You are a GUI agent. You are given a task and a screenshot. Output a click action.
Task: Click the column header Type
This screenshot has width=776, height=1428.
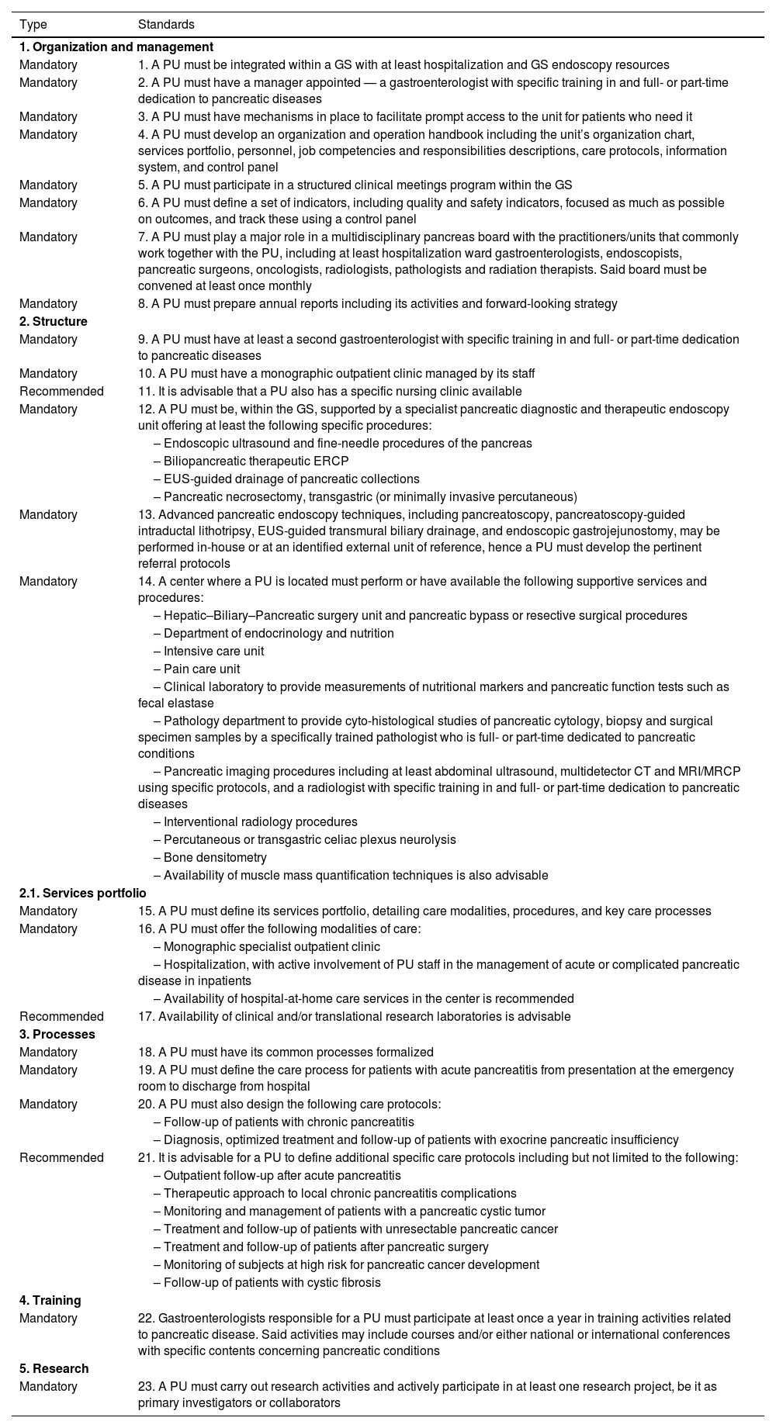(x=33, y=25)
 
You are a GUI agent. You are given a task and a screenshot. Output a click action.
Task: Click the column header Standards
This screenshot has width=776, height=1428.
(x=166, y=25)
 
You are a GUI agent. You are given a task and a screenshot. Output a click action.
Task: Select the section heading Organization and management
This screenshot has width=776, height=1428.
(x=116, y=47)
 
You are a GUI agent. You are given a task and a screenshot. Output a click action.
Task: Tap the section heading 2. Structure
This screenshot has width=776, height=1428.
(x=54, y=322)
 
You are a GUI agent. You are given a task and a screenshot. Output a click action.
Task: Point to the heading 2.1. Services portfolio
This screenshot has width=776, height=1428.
(x=83, y=894)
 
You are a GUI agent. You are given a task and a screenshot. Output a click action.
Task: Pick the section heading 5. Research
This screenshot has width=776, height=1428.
(x=54, y=1369)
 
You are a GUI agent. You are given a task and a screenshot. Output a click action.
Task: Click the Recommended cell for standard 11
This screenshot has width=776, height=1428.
(x=61, y=392)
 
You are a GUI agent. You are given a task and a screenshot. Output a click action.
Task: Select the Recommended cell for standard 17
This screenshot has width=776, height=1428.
(x=61, y=1017)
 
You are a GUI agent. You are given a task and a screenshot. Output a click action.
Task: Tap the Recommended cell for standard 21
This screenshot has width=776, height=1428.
(x=61, y=1158)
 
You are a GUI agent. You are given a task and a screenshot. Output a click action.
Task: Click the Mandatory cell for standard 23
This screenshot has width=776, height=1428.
(x=48, y=1387)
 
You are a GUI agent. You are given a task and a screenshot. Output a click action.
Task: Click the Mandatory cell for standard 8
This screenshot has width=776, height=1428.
(x=48, y=304)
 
